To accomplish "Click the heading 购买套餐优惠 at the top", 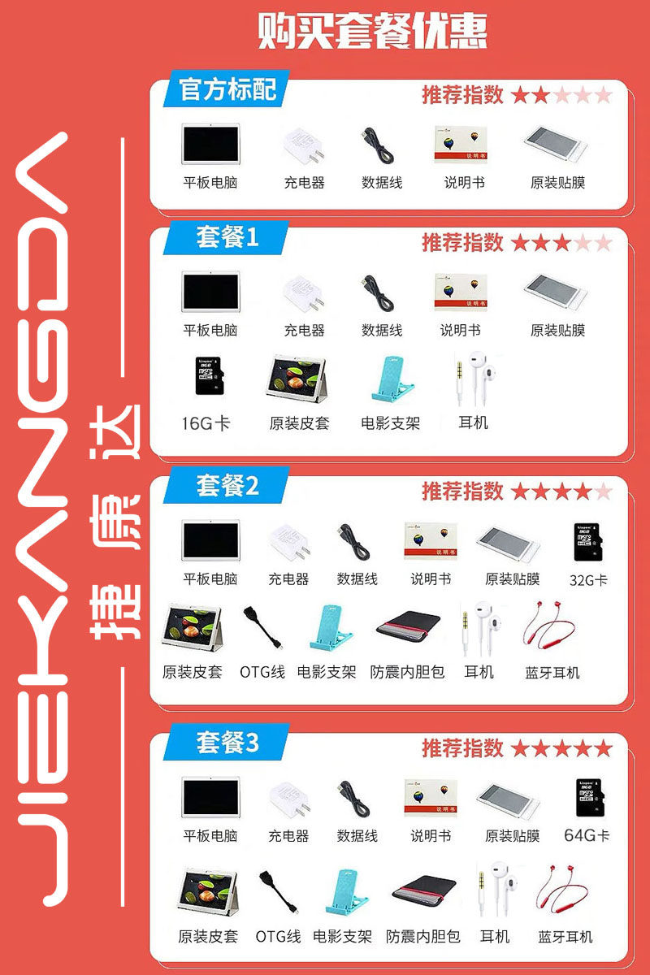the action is tap(373, 31).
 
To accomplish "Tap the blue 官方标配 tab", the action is tap(227, 89).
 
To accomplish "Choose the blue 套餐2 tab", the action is tap(227, 485).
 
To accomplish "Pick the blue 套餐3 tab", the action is tap(227, 743).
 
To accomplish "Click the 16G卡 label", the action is tap(206, 423).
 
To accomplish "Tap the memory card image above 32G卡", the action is tap(588, 543).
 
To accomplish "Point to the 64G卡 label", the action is tap(587, 835).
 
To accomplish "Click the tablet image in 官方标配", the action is tap(210, 144).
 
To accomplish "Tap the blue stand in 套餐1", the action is tap(392, 379).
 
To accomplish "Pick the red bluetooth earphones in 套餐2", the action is tap(549, 625).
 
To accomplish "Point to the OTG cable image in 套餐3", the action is tap(279, 891).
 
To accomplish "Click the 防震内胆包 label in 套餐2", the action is tap(407, 672).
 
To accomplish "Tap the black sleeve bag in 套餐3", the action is tap(424, 890).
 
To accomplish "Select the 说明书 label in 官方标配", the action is tap(464, 182).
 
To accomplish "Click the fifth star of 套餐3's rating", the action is tap(604, 748).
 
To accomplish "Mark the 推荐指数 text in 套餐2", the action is tap(462, 492).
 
